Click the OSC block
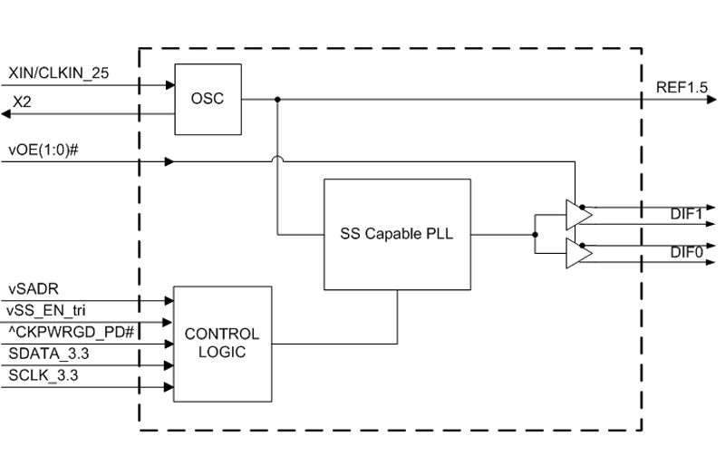(x=208, y=98)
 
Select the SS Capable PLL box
(x=397, y=233)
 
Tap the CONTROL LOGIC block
(x=221, y=344)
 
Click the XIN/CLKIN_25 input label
(x=58, y=73)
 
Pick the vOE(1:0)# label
(x=43, y=149)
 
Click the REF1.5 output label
(x=681, y=87)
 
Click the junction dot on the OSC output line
(x=277, y=98)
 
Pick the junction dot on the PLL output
(x=536, y=234)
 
